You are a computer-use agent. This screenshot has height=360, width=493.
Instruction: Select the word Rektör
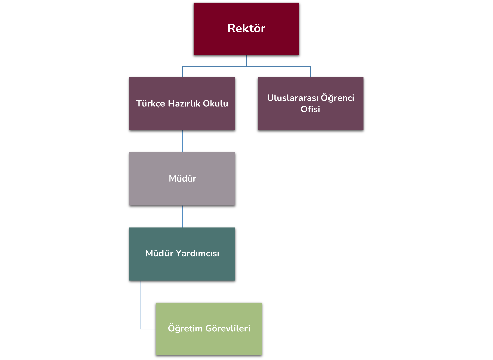pyautogui.click(x=247, y=28)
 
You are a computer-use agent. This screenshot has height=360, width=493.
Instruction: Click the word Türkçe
pyautogui.click(x=150, y=104)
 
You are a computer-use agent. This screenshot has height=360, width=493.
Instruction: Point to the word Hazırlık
pyautogui.click(x=183, y=104)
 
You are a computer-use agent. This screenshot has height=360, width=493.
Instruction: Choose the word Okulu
pyautogui.click(x=216, y=104)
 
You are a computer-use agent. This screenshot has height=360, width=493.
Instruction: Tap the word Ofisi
pyautogui.click(x=310, y=109)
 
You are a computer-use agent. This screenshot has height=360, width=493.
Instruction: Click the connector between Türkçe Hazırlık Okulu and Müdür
pyautogui.click(x=182, y=141)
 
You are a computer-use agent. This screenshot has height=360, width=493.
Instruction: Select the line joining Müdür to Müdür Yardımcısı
pyautogui.click(x=182, y=216)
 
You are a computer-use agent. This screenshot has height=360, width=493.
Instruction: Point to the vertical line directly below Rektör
pyautogui.click(x=247, y=60)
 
